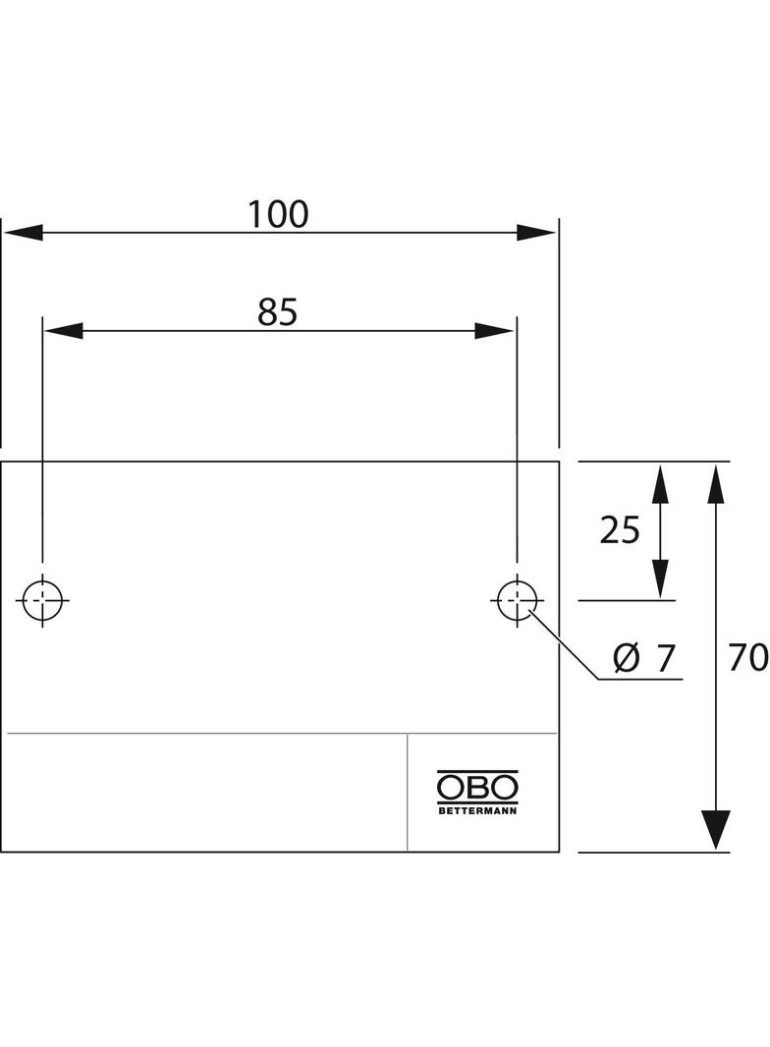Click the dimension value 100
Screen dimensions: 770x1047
point(278,214)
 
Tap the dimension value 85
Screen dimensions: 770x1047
point(277,311)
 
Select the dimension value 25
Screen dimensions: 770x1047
point(619,530)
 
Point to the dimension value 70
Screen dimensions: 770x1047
point(748,657)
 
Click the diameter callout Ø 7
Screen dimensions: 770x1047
point(643,658)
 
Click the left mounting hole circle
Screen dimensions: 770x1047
point(43,600)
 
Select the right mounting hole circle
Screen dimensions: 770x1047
point(517,600)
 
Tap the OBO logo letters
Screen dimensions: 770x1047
point(476,788)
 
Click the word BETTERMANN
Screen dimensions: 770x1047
point(476,811)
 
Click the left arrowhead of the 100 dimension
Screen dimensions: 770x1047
point(23,233)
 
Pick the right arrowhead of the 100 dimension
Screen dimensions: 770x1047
point(536,233)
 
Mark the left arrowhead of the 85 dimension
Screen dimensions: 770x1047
point(64,331)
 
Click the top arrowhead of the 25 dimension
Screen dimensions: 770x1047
point(660,483)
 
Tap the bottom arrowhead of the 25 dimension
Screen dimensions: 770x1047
point(660,579)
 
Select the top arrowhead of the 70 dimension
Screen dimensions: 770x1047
point(716,483)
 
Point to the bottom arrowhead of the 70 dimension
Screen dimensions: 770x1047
point(716,830)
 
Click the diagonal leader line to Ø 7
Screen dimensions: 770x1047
point(565,645)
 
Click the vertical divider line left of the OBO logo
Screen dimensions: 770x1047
point(408,792)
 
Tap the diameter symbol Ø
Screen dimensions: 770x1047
point(626,659)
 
